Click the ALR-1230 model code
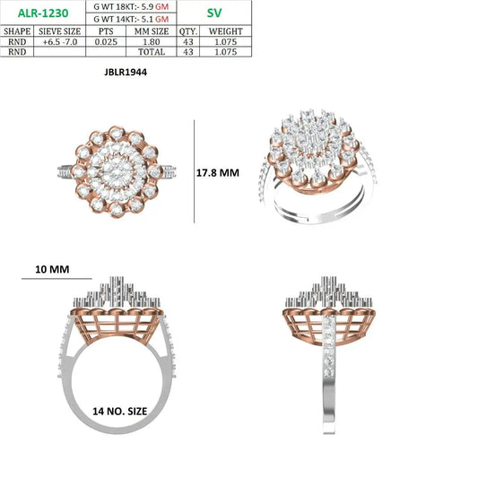point(43,13)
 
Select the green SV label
point(214,13)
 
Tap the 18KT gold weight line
point(131,6)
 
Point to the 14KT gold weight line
point(131,19)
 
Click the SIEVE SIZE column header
point(60,31)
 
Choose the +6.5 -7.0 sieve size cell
point(60,42)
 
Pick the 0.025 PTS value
point(106,42)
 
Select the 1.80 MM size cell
point(152,42)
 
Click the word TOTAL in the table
point(152,52)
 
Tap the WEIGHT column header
point(226,31)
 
